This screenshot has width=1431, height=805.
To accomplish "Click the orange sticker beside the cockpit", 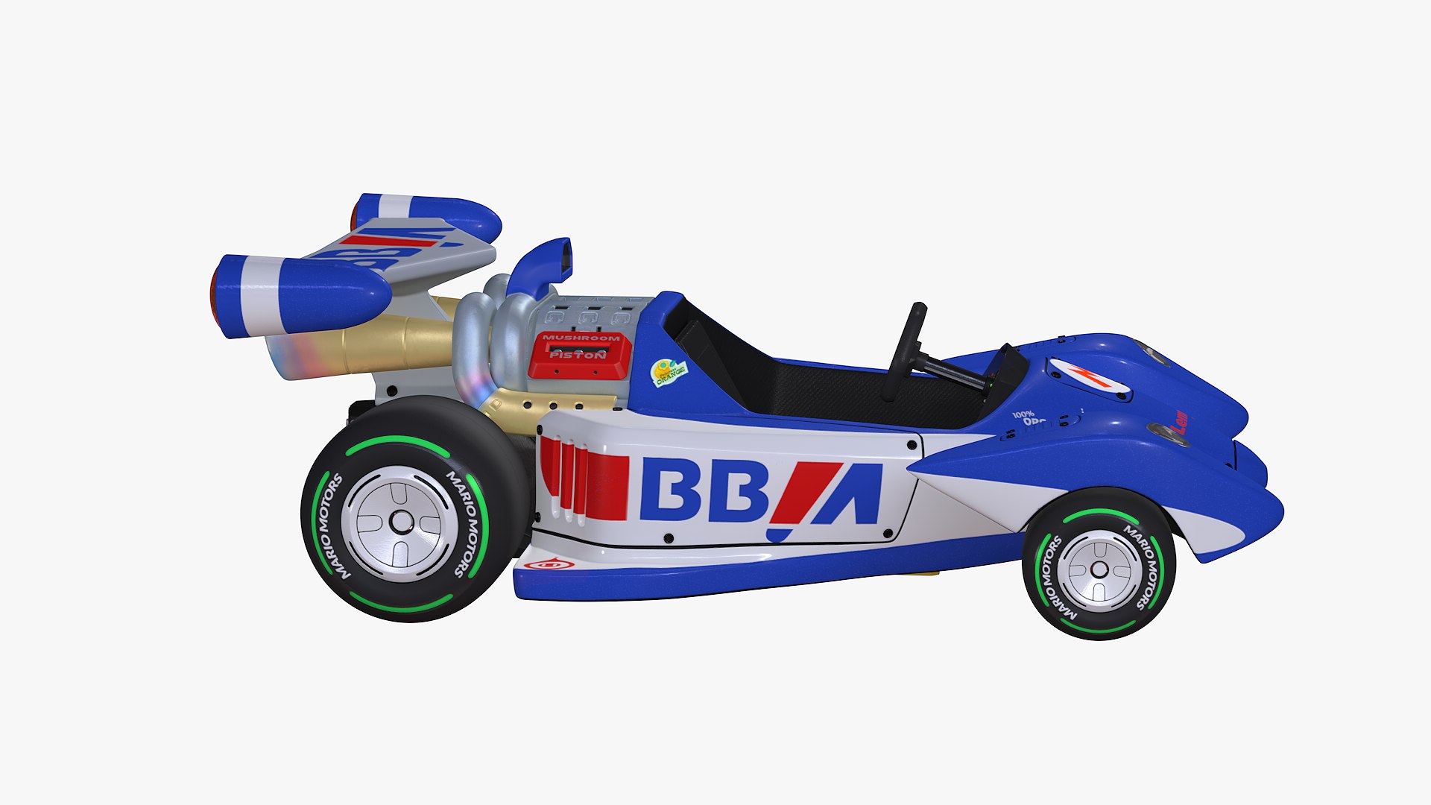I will [669, 372].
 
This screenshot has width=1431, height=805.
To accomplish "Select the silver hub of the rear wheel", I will [401, 523].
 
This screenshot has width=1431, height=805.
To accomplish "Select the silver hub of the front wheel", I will [1099, 570].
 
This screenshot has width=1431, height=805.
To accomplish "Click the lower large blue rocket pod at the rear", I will [306, 295].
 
